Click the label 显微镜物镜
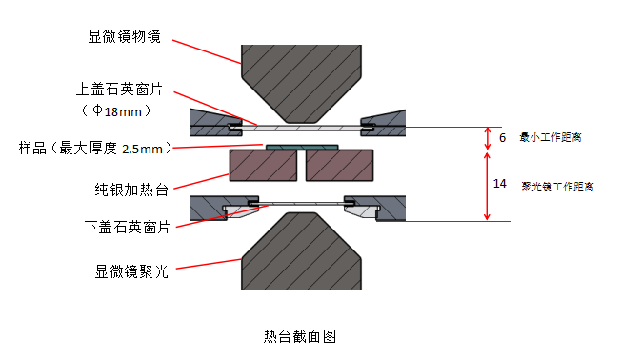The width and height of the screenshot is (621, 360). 124,36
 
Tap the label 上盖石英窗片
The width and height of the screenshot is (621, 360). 119,90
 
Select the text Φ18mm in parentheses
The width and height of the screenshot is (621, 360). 117,110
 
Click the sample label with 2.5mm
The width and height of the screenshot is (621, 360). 95,149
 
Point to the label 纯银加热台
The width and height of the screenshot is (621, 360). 131,190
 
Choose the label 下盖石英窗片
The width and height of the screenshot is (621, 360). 127,227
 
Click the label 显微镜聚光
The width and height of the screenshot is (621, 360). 131,271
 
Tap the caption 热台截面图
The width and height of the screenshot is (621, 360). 300,336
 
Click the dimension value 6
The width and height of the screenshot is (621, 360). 502,138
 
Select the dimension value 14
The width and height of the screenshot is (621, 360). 499,184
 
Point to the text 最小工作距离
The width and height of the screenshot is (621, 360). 551,137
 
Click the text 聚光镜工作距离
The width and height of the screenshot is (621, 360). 557,187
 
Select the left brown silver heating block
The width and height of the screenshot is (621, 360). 264,166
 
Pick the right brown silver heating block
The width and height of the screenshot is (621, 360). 339,166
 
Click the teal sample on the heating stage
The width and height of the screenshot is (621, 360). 302,148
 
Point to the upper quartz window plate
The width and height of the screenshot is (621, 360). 301,128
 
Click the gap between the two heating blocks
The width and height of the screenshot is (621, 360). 301,166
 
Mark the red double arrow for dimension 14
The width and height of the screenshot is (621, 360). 487,186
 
